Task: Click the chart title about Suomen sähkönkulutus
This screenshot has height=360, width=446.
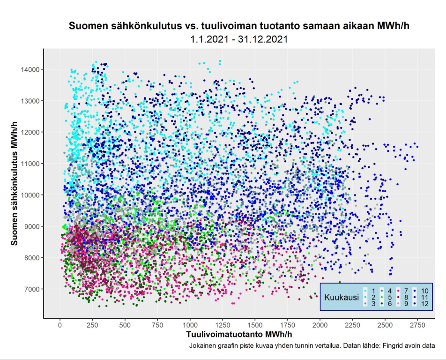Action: [239, 26]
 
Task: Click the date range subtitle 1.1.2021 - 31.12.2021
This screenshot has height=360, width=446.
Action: [239, 40]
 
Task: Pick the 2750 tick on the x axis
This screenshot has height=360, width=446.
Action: [416, 325]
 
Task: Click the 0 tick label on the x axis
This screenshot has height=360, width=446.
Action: [60, 325]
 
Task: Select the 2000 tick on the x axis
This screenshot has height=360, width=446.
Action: [320, 325]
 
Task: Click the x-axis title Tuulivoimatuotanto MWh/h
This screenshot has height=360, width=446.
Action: [239, 335]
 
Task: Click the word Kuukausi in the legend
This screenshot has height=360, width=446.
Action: [341, 297]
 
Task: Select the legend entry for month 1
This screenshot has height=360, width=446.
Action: [371, 291]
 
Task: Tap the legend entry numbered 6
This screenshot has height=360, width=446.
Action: [388, 304]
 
